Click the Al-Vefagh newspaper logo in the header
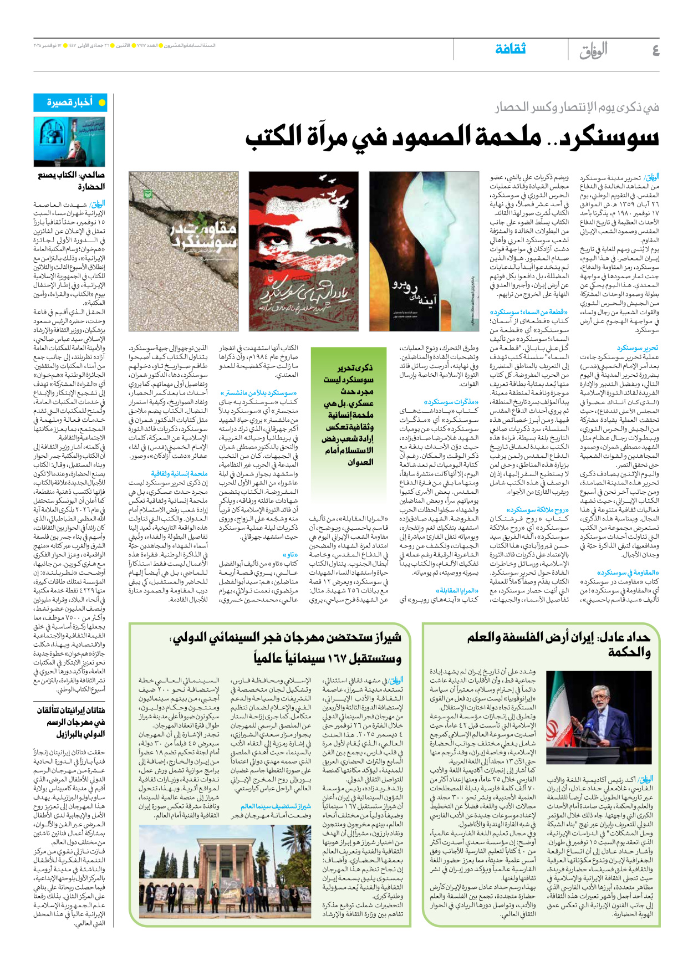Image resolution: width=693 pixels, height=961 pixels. (594, 51)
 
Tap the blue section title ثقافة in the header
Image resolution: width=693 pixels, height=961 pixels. (510, 49)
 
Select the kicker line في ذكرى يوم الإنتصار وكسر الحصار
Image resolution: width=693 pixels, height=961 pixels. (577, 107)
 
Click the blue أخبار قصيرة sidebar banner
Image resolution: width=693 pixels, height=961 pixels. (70, 103)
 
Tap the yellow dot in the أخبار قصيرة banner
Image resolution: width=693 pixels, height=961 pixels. (101, 103)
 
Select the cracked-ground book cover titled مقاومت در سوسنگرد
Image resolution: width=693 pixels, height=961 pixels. (184, 251)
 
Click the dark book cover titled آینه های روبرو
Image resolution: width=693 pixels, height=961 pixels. (424, 251)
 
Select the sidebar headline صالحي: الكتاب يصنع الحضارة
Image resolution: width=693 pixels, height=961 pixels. (71, 181)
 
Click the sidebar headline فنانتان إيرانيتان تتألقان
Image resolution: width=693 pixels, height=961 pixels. (71, 710)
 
